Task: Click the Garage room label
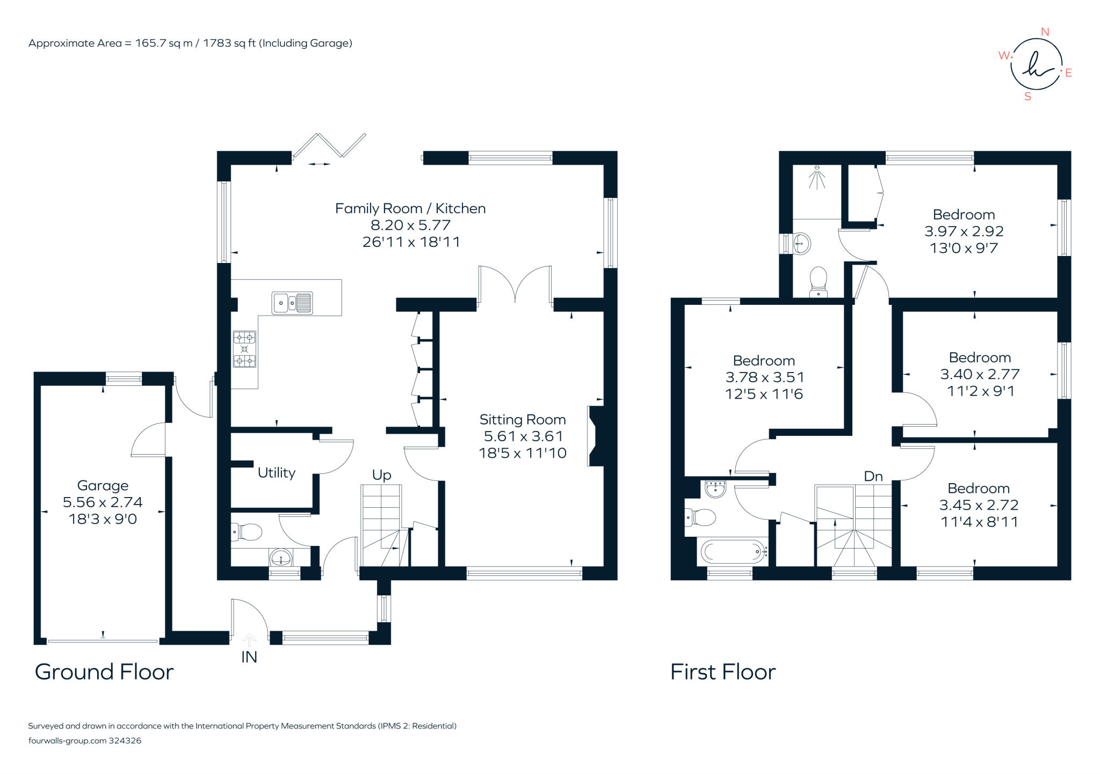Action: point(103,485)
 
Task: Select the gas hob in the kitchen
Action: point(244,349)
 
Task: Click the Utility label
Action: point(276,472)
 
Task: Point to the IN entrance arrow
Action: point(249,640)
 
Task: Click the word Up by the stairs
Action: point(381,475)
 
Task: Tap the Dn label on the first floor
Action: point(873,476)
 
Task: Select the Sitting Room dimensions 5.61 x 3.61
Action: point(523,436)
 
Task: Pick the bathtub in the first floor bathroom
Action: point(733,551)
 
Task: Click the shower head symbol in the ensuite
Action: point(816,178)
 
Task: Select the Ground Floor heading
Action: point(104,671)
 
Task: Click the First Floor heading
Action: point(723,671)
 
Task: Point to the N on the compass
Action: point(1045,32)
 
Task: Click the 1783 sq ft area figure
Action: point(229,43)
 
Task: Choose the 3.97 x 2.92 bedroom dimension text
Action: point(964,231)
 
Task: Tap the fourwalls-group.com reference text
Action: point(85,740)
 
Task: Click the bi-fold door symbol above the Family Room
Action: point(329,146)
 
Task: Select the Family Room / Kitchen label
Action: point(410,208)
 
